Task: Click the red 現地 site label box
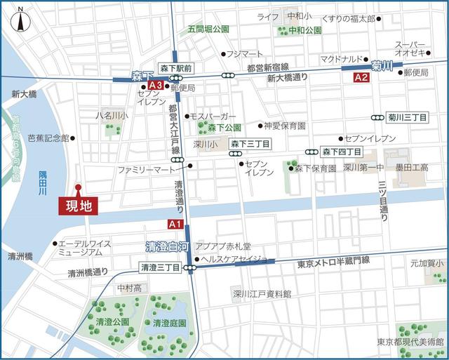click(79, 206)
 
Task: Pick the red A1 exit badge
click(175, 224)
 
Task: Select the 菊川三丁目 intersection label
click(408, 118)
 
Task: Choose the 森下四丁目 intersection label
click(342, 152)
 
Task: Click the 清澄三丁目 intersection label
click(160, 267)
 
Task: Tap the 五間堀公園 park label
click(208, 29)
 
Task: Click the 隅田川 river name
click(43, 182)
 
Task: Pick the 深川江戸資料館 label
click(262, 293)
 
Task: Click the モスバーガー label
click(213, 116)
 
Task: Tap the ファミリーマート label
click(146, 170)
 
